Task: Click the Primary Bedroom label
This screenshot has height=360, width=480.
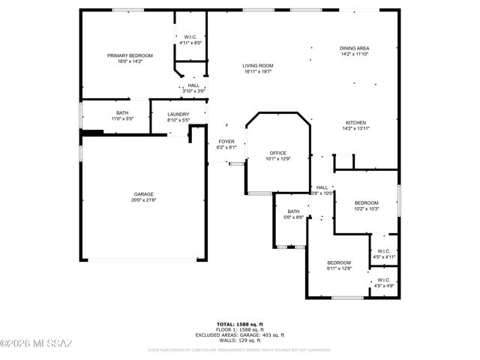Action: coord(130,55)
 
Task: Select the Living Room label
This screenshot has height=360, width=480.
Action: coord(257,65)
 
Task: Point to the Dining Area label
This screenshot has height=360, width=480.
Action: coord(355,48)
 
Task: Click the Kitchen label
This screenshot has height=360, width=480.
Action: coord(355,122)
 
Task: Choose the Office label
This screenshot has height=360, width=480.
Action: coord(277,152)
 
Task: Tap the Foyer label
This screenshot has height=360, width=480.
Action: coord(226,141)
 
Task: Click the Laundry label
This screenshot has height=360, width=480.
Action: coord(178,114)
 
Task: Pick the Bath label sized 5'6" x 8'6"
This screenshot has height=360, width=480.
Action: coord(293,211)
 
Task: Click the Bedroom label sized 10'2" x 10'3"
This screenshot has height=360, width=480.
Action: coord(366,202)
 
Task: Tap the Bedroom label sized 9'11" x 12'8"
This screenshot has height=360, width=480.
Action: coord(339,262)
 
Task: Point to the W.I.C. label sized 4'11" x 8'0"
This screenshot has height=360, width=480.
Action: coord(190,37)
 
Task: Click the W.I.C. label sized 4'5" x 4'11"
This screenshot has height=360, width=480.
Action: coord(383,251)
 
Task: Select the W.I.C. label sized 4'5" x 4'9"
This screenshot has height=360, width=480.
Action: coord(383,280)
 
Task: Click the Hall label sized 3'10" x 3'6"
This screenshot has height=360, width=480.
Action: coord(193,85)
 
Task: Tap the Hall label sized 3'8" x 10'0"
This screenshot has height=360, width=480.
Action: coord(322,187)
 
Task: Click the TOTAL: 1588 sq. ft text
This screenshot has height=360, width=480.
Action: coord(240,323)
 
